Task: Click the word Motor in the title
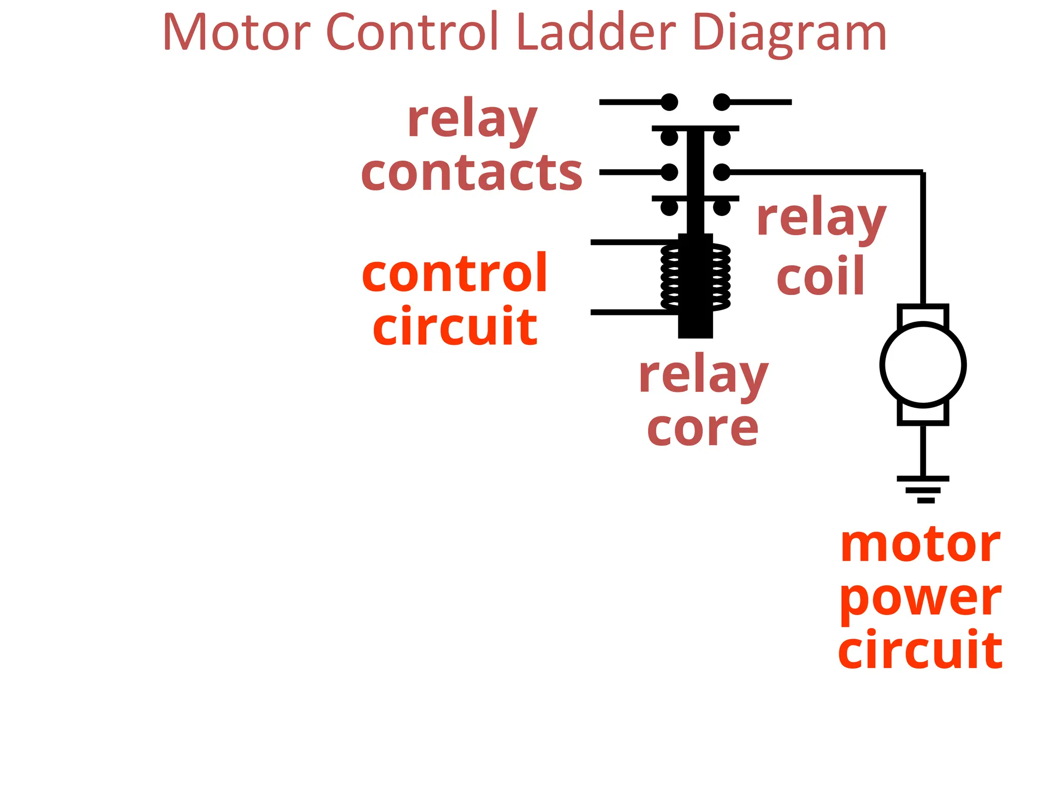tap(237, 33)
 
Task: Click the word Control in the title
tap(413, 33)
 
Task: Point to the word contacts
tap(472, 173)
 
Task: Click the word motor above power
tap(920, 545)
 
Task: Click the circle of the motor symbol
tap(923, 365)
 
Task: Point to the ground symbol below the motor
tap(923, 489)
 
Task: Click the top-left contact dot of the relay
tap(670, 102)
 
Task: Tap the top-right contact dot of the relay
tap(721, 102)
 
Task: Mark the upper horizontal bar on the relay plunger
tap(695, 128)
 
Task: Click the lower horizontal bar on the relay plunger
tap(695, 199)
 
